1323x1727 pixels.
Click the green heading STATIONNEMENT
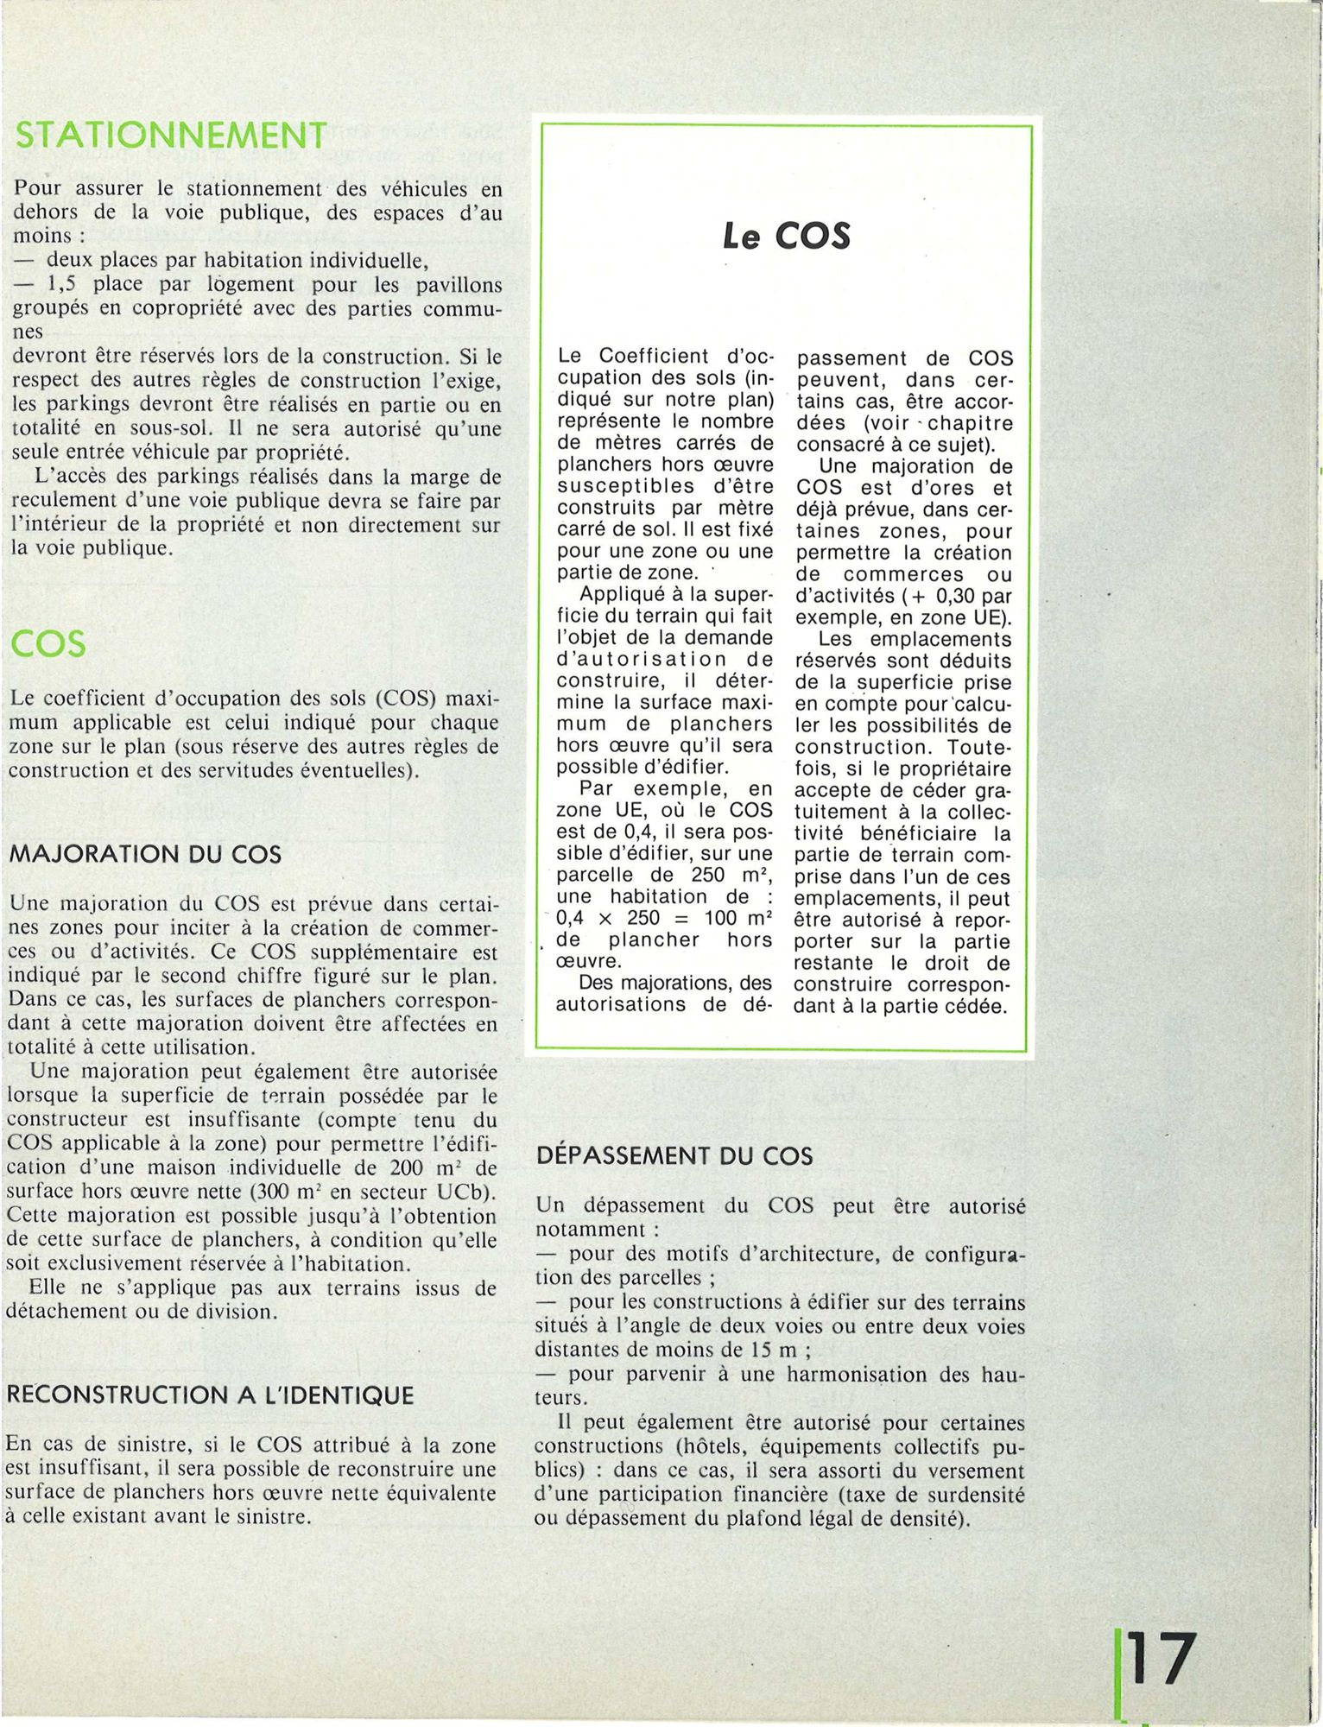pos(171,136)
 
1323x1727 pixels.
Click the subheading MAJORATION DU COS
pos(145,855)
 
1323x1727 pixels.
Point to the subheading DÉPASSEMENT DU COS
pos(674,1156)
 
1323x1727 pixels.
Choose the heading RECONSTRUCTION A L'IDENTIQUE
pos(210,1395)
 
